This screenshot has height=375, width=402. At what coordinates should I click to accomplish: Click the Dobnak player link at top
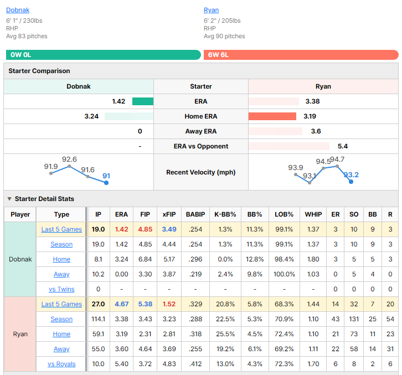(x=18, y=10)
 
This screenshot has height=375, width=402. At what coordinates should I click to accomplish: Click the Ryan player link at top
(x=212, y=10)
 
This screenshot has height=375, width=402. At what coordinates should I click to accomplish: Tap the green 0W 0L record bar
(x=104, y=55)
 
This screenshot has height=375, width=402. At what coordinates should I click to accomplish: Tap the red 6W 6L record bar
(x=301, y=55)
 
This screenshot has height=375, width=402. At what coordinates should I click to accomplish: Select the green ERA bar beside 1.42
(x=143, y=101)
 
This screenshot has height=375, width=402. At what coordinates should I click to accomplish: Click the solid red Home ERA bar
(x=272, y=116)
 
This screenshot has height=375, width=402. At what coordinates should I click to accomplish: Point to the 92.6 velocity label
(x=69, y=160)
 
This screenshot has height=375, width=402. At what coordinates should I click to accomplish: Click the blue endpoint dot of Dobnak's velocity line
(x=106, y=183)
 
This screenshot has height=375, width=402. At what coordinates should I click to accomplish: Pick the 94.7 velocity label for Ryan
(x=337, y=160)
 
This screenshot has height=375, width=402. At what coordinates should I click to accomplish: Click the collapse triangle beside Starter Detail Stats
(x=9, y=199)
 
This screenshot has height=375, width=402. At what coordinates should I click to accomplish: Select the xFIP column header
(x=169, y=214)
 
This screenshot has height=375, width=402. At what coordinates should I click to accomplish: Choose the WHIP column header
(x=313, y=214)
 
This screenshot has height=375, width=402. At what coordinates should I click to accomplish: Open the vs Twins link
(x=61, y=289)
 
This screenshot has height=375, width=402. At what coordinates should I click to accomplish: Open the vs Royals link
(x=61, y=364)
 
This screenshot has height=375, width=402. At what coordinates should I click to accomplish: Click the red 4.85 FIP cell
(x=145, y=229)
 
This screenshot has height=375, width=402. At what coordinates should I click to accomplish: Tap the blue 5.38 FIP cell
(x=145, y=304)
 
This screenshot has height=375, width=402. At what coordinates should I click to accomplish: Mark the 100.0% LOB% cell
(x=284, y=274)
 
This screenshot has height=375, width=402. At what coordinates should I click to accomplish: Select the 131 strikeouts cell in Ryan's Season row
(x=354, y=319)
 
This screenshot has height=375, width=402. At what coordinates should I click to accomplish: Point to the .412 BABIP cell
(x=195, y=364)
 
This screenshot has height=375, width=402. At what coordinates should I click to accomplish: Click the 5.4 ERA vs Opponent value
(x=343, y=146)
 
